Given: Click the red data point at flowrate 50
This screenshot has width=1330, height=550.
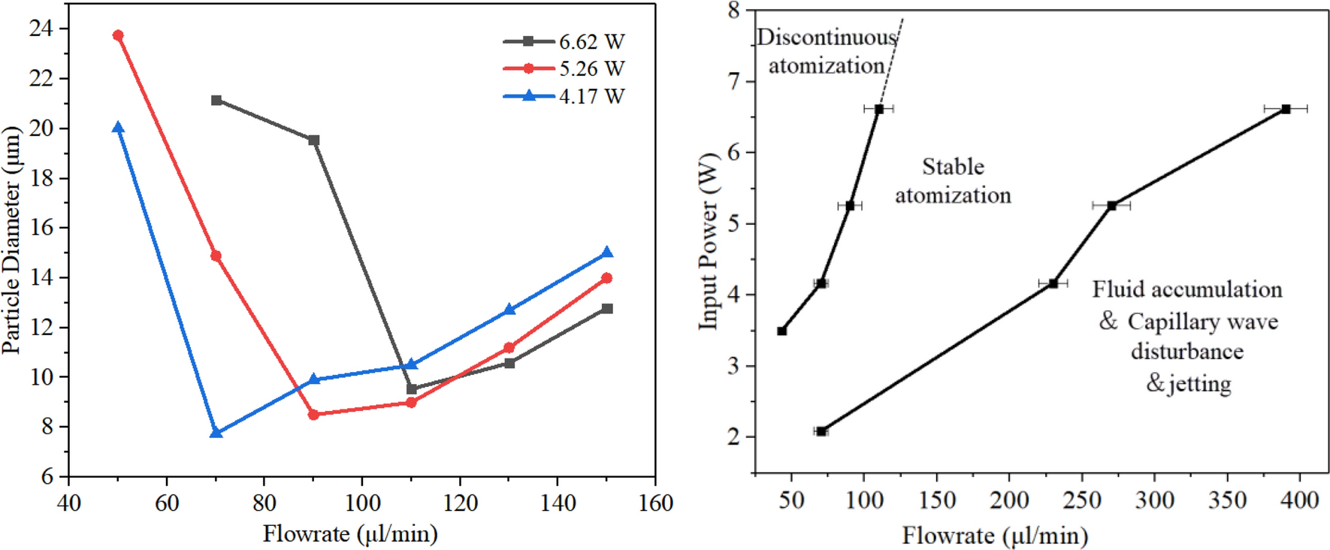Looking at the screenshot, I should pos(118,35).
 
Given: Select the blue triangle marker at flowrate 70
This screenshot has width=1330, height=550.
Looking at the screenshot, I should pos(216,433).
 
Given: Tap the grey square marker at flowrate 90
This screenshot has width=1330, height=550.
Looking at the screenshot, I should pos(314,141).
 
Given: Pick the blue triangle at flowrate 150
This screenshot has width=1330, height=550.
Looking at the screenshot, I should pos(607,252).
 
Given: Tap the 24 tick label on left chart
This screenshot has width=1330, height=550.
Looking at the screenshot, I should pos(41,29).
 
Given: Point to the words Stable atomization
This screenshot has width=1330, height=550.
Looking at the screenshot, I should pos(953,181).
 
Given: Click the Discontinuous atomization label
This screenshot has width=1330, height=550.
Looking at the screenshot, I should pos(827,51).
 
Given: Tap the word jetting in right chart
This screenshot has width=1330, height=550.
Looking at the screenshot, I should pos(1199,383).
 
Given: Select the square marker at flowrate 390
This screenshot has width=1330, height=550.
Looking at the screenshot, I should pos(1286,109).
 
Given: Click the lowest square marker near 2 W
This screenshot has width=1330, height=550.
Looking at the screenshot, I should pos(821,431).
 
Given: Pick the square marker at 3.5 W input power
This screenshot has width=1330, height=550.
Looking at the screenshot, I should pos(782,331).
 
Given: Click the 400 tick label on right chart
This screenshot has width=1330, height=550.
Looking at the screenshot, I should pos(1299,500).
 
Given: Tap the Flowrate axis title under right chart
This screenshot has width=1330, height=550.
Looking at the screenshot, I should pos(995,536).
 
